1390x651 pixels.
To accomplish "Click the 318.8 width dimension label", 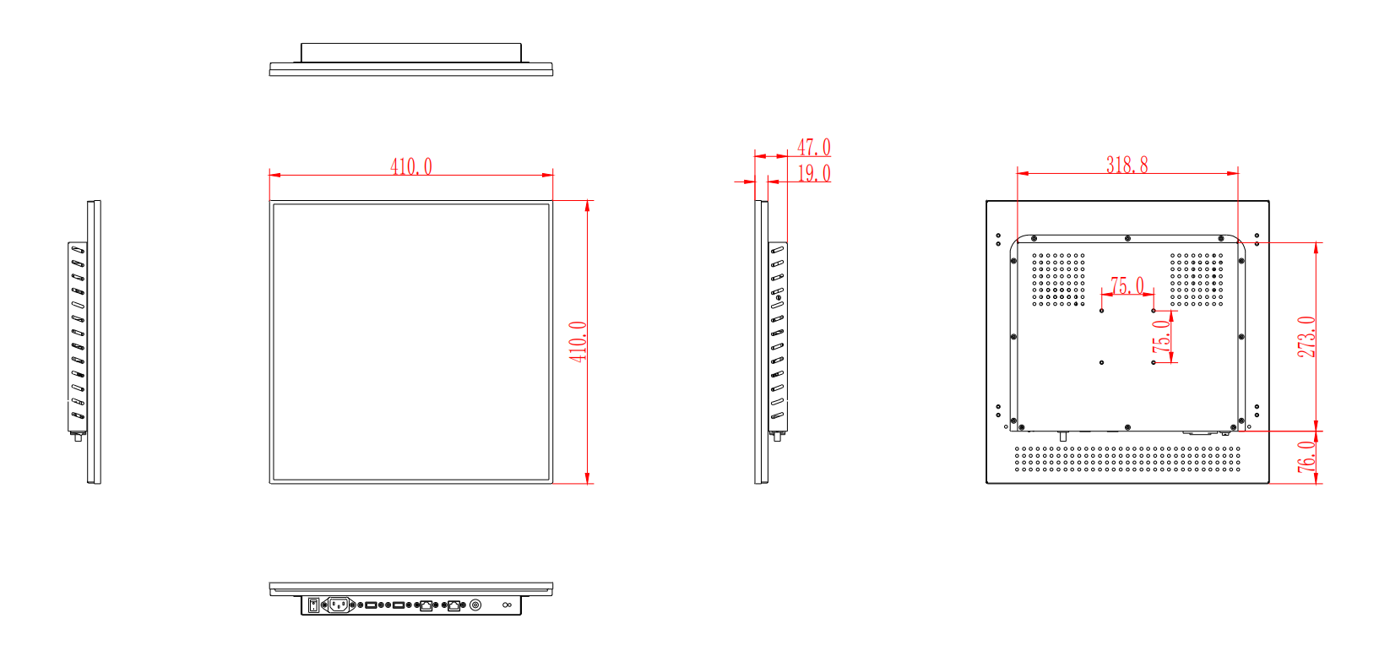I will click(1127, 165).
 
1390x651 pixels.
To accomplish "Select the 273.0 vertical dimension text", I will click(1306, 336).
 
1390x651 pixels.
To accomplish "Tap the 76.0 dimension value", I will click(1306, 457).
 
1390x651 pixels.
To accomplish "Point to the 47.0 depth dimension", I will click(814, 148).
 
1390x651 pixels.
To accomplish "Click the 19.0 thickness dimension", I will click(814, 173).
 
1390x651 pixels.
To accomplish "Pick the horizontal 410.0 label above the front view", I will click(411, 166).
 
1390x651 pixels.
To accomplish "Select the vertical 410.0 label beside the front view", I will click(578, 341).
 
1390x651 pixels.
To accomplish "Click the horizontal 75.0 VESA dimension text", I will click(1127, 285).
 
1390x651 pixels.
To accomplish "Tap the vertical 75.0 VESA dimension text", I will click(1163, 335).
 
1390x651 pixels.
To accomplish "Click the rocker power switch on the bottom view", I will click(313, 605).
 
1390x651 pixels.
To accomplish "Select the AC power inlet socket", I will click(339, 605).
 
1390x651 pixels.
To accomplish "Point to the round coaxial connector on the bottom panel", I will click(475, 605).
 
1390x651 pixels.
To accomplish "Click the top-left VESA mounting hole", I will click(1102, 311).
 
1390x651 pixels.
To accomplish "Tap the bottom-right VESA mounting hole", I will click(1154, 362).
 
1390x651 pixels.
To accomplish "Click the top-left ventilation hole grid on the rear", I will click(1058, 279).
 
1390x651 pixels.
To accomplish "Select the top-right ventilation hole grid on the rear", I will click(1196, 279).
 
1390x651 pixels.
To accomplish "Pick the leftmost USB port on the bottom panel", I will click(371, 605).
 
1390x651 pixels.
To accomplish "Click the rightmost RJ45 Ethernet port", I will click(454, 605).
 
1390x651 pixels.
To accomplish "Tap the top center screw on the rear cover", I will click(1127, 239).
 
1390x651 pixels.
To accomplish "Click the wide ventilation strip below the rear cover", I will click(1127, 458).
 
